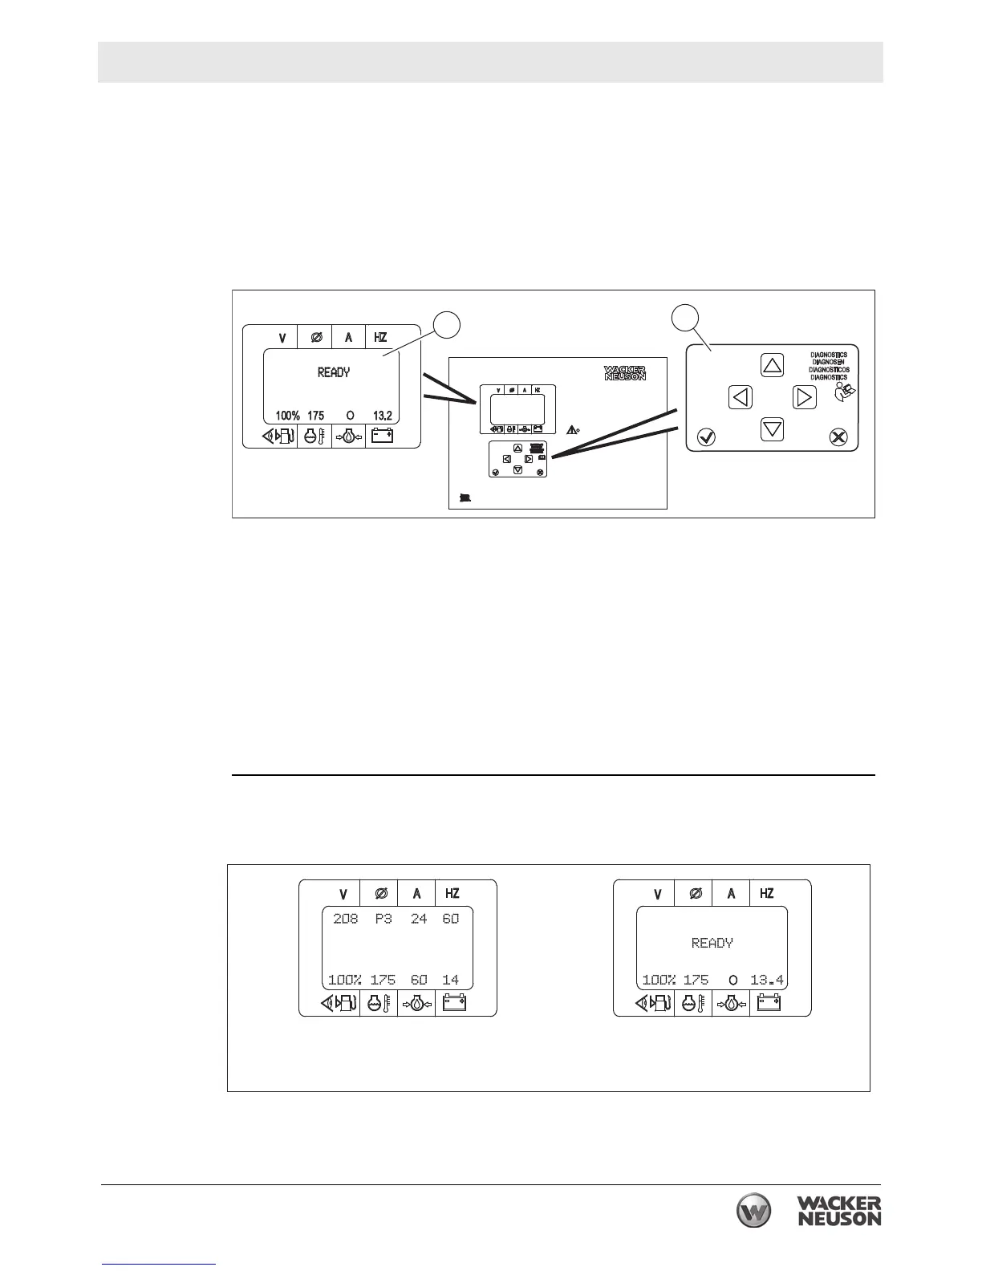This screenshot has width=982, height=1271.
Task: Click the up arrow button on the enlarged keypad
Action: [x=772, y=366]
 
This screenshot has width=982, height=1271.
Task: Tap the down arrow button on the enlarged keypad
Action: [x=772, y=429]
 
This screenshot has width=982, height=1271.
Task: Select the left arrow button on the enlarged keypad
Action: [x=741, y=396]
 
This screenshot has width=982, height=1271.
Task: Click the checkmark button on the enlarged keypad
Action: [x=707, y=437]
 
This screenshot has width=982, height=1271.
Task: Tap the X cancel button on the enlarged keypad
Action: [x=838, y=437]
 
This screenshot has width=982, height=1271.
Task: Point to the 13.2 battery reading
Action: [x=382, y=416]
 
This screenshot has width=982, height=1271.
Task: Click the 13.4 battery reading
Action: [x=767, y=980]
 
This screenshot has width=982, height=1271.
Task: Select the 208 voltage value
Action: [x=346, y=919]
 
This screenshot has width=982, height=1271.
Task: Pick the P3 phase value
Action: [x=383, y=919]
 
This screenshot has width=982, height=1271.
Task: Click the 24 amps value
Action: [x=419, y=919]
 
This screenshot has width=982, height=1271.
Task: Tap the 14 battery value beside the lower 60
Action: [x=450, y=980]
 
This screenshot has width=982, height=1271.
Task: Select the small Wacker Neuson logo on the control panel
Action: [x=624, y=373]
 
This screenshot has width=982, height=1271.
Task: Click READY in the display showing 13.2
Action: [x=334, y=372]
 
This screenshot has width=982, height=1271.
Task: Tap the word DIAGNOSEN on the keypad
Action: [x=829, y=362]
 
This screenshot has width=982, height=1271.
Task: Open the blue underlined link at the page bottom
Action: [x=159, y=1265]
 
